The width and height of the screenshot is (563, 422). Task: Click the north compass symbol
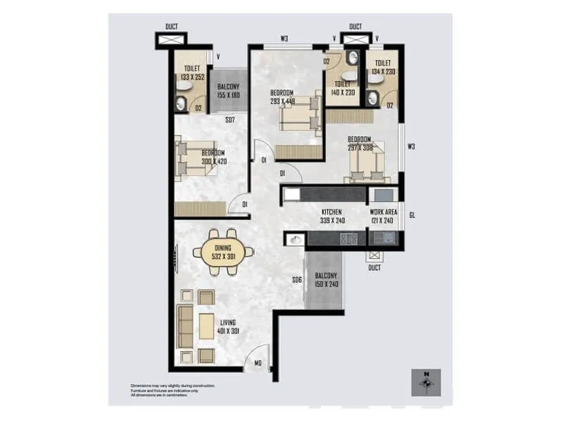pos(426,382)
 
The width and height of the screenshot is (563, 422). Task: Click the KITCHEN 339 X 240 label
pos(331,216)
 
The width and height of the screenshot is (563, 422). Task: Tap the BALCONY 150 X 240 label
pos(325,280)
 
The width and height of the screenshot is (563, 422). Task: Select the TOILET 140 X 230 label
pos(343,88)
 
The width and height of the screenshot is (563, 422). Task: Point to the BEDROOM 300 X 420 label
pos(213,157)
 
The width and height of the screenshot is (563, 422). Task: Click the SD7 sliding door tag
pos(229,120)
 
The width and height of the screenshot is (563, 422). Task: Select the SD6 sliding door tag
pos(296,280)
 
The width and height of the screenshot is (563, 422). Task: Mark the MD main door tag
pos(258,363)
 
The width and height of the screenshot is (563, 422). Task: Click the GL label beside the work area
pos(412,215)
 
